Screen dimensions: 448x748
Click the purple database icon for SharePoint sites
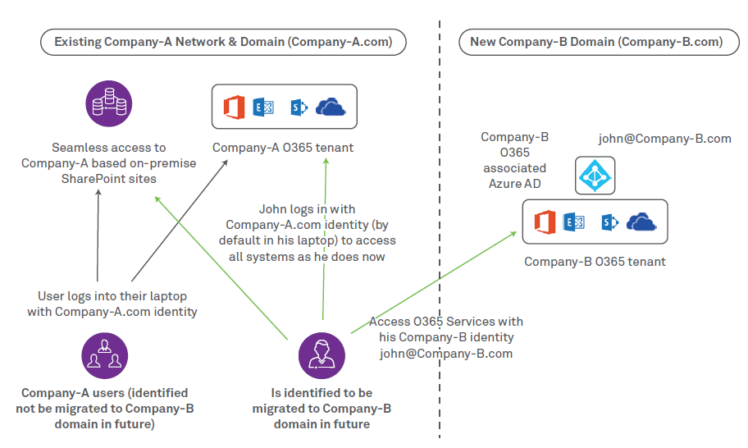pyautogui.click(x=109, y=103)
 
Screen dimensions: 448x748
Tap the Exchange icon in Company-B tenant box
pyautogui.click(x=573, y=222)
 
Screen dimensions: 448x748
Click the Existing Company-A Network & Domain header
pyautogui.click(x=223, y=42)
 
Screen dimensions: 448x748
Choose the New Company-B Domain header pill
pyautogui.click(x=596, y=42)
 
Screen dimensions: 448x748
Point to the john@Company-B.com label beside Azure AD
pyautogui.click(x=664, y=139)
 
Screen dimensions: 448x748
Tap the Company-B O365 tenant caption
pyautogui.click(x=595, y=262)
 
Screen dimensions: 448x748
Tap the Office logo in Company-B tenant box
pyautogui.click(x=545, y=222)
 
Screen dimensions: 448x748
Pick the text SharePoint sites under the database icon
pyautogui.click(x=108, y=179)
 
